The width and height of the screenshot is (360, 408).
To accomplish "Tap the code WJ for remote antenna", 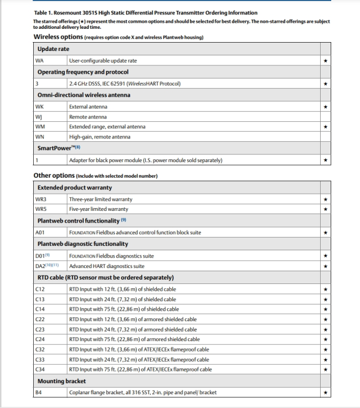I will [x=39, y=117].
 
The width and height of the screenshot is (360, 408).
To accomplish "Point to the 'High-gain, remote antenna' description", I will [x=100, y=137].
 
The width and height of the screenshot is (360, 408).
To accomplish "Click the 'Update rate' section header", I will [x=53, y=49].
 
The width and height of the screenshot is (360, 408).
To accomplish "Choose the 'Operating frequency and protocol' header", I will [x=83, y=72].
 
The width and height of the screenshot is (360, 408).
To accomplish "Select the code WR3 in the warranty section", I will [x=41, y=199].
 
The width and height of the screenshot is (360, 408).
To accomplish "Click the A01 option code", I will [x=40, y=233].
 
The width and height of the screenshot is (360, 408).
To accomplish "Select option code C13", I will [x=40, y=299].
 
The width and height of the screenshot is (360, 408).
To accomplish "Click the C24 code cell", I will [x=40, y=339].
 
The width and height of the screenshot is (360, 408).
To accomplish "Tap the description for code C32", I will [x=140, y=349].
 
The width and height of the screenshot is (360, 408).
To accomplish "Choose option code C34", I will [x=40, y=369].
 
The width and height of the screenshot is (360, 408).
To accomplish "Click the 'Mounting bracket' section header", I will [x=61, y=381].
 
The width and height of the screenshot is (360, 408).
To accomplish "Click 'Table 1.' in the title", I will [x=45, y=13].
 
